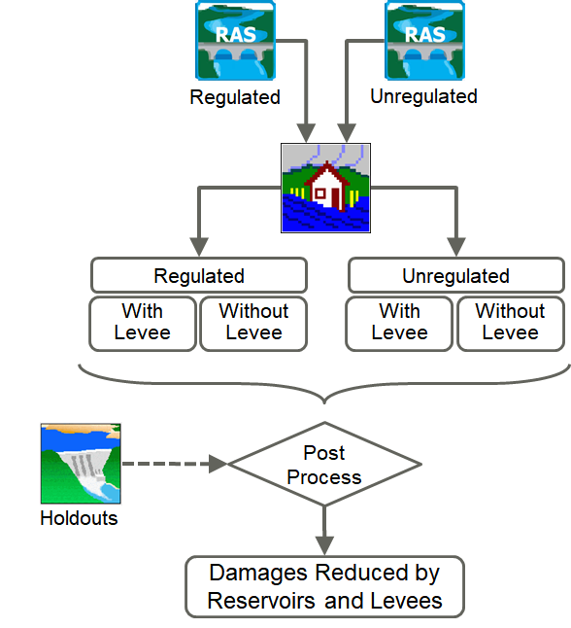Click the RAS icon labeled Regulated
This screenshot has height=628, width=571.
tap(235, 40)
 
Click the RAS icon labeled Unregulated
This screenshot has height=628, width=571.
tap(424, 40)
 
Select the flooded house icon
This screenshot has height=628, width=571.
tap(325, 188)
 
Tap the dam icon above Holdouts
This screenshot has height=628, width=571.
tap(81, 464)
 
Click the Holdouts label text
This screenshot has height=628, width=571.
tap(79, 518)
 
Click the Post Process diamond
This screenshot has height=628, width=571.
tap(324, 464)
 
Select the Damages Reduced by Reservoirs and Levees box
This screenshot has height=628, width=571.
tap(324, 587)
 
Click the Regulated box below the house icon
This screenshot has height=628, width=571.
tap(199, 275)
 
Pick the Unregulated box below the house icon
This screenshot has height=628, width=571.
tap(456, 275)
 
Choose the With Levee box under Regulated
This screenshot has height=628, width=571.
tap(143, 324)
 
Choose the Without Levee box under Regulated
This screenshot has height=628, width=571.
tap(253, 324)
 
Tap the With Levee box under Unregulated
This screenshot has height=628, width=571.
tap(399, 324)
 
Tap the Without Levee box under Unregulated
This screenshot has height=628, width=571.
tap(511, 324)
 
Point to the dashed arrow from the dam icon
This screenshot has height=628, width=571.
tap(175, 464)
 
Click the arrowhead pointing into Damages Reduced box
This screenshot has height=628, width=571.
tap(324, 546)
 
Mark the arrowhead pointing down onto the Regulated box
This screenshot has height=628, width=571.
tap(199, 247)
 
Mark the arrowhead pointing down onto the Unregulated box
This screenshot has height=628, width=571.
tap(456, 247)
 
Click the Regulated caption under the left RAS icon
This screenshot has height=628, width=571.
tap(235, 97)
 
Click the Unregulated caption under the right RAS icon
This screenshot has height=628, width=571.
tap(423, 96)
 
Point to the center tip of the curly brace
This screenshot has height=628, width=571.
tap(324, 402)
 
